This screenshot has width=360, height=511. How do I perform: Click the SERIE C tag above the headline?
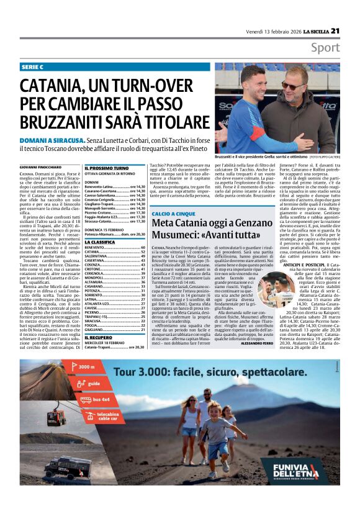point(33,66)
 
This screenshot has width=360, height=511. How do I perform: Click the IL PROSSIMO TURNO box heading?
point(107,168)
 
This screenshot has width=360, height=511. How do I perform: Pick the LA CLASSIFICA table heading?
point(100,242)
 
